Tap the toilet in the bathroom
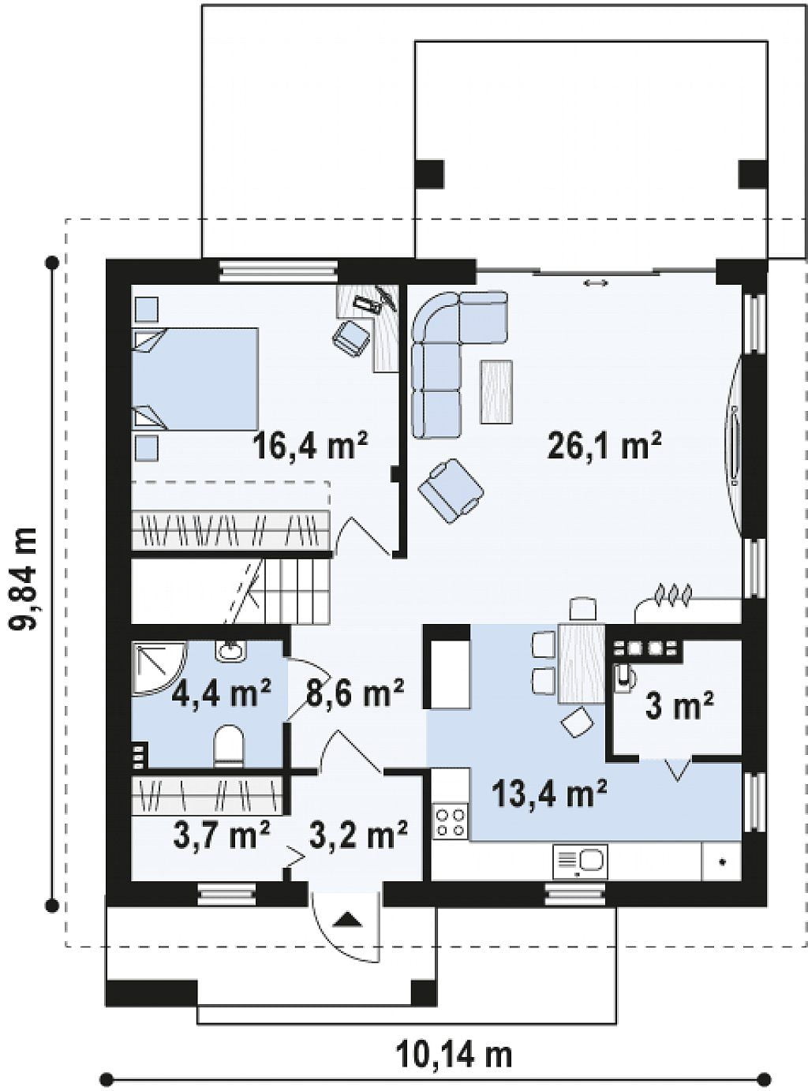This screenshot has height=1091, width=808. tap(229, 746)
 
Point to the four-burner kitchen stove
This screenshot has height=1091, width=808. tap(450, 823)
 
